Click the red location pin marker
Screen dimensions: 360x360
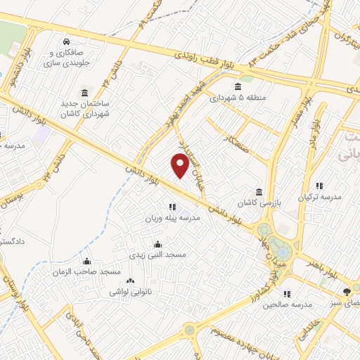(180, 165)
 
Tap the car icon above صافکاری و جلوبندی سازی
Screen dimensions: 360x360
(66, 41)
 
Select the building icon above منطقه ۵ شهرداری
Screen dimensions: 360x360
(249, 86)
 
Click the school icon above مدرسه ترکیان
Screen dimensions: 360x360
(319, 186)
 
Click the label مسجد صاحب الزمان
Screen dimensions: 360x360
(85, 271)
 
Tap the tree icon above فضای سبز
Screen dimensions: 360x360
(346, 291)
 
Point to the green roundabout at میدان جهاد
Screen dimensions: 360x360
(281, 250)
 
